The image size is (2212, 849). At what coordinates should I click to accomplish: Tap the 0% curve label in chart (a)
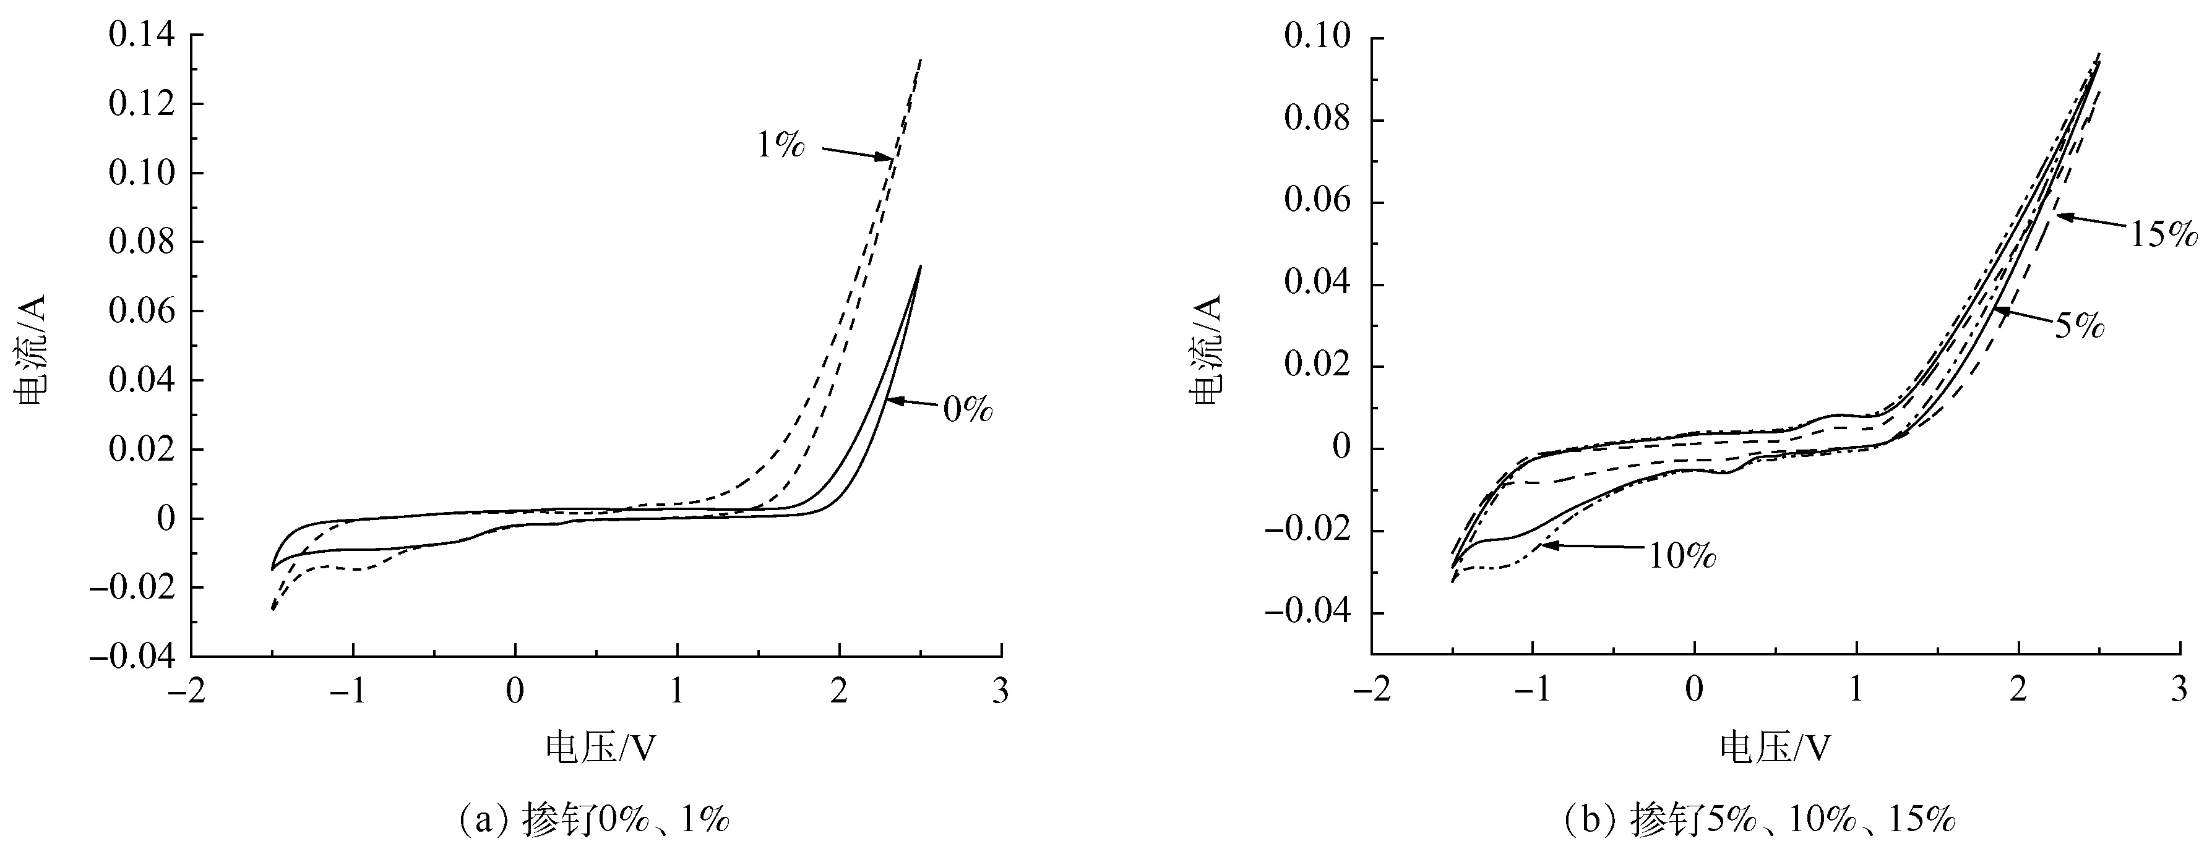tap(968, 409)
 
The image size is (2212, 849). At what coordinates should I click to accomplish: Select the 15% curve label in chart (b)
tap(2163, 234)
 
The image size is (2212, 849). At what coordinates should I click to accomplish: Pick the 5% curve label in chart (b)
tap(2079, 326)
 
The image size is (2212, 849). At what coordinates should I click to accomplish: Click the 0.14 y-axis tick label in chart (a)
tap(142, 35)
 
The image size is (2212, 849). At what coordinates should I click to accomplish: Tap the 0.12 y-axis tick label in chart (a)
tap(142, 105)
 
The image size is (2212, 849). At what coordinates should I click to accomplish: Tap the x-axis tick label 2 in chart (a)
tap(839, 692)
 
